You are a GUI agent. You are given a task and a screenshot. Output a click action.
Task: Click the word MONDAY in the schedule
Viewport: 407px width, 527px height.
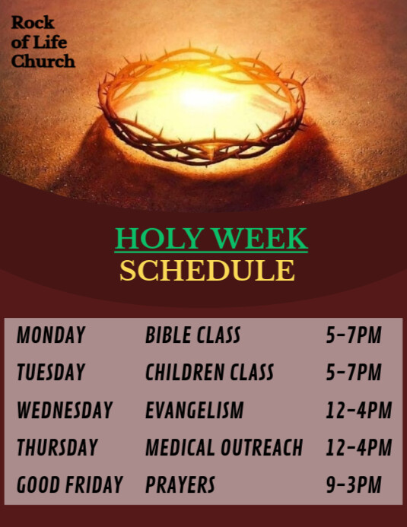pos(51,335)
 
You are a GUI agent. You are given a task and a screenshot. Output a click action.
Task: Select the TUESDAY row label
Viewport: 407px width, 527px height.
pos(51,373)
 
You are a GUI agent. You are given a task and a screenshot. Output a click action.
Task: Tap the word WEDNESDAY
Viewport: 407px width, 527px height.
pos(65,411)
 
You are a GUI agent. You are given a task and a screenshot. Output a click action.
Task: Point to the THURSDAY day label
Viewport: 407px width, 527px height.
pos(57,448)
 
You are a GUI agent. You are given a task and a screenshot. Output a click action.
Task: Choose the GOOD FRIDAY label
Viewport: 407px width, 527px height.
pos(69,484)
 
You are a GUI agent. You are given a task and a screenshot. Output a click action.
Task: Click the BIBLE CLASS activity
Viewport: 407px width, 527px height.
pos(192,335)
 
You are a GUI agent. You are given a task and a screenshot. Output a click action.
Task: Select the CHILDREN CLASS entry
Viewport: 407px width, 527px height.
pos(209,373)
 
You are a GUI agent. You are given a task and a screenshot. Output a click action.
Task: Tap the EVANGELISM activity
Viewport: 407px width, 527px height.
pos(194,411)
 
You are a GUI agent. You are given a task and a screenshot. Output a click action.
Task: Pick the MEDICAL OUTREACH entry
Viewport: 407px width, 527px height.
pos(224,448)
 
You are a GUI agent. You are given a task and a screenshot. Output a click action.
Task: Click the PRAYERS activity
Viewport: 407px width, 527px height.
pos(180,484)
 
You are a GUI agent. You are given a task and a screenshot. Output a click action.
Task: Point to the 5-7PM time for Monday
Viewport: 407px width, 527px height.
pos(354,335)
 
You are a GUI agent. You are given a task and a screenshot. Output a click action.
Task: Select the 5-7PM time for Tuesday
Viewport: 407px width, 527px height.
pos(354,373)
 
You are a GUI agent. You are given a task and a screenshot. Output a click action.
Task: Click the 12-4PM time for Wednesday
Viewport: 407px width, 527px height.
pos(358,411)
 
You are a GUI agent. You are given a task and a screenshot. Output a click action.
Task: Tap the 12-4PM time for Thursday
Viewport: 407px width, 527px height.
pos(358,448)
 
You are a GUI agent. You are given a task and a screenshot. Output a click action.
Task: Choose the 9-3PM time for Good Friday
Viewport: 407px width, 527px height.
pos(354,484)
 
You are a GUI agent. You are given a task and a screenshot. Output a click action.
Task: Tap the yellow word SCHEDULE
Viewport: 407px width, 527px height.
pos(207,271)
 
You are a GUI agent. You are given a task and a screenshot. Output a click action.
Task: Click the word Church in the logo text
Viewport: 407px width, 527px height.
pos(43,61)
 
